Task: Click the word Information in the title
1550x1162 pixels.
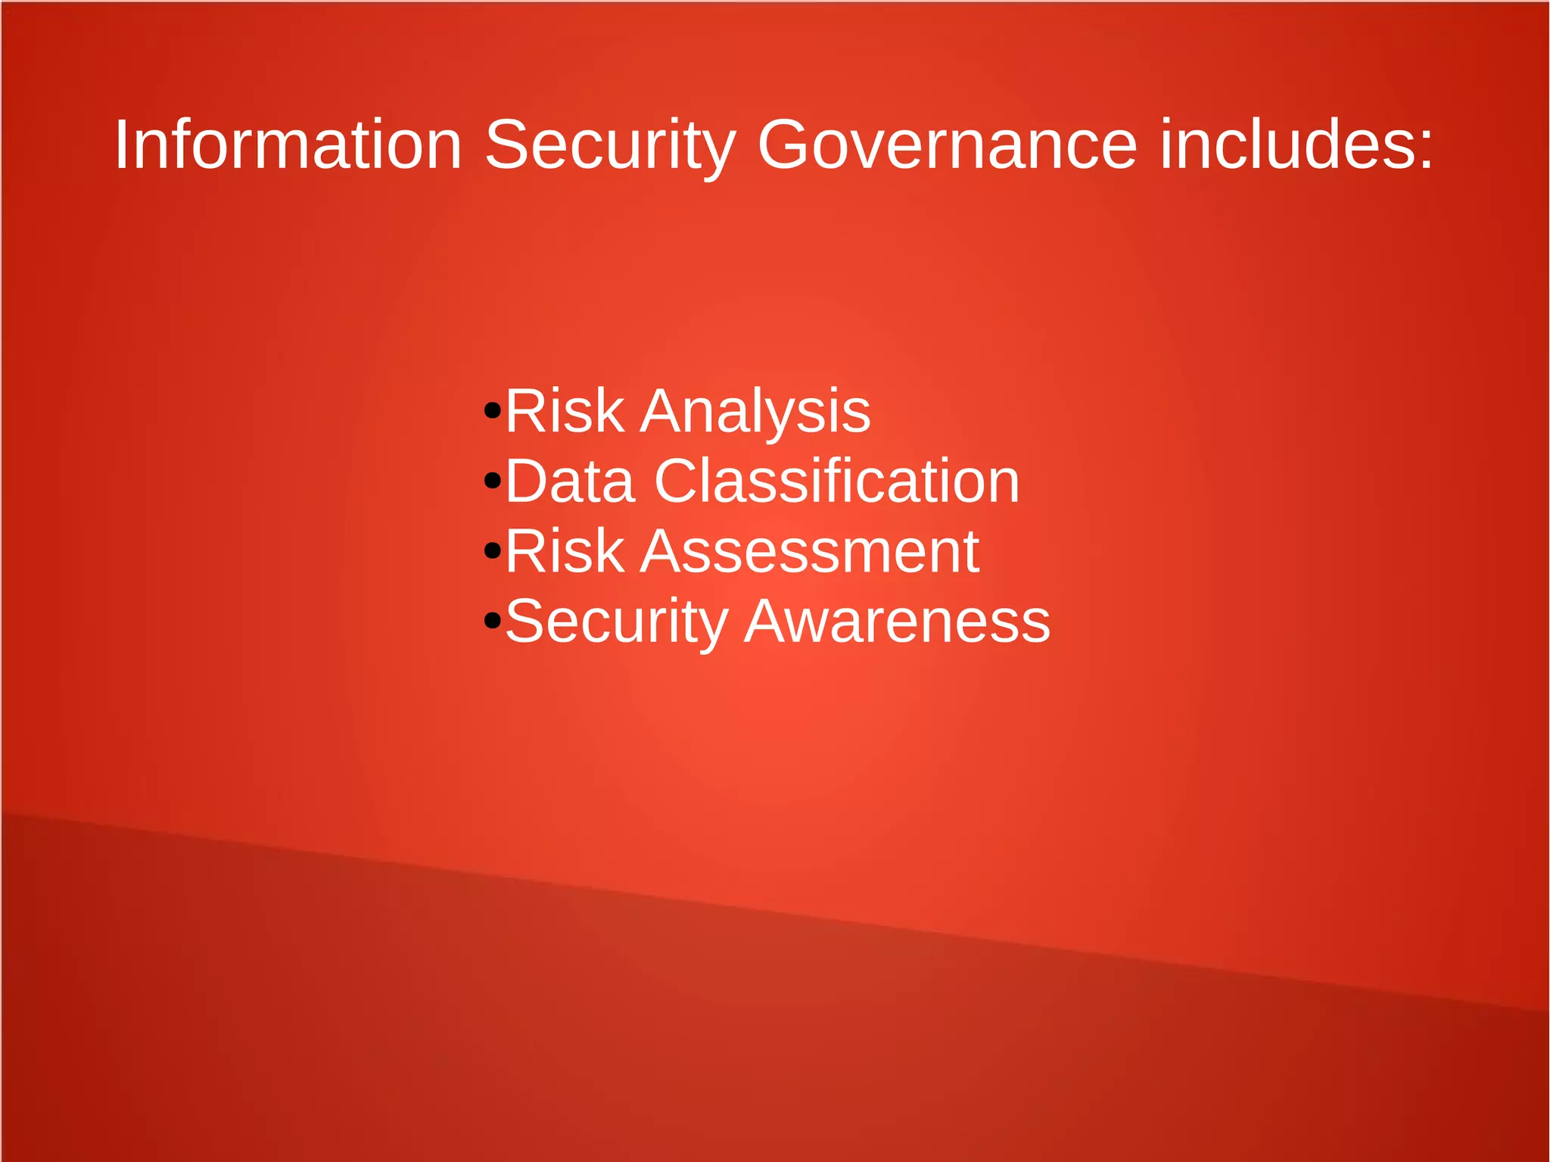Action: tap(288, 145)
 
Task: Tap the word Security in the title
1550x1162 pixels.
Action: tap(609, 145)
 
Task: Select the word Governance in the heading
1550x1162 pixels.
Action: tap(947, 145)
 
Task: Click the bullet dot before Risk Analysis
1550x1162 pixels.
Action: tap(493, 411)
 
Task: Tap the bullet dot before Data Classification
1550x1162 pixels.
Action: tap(493, 481)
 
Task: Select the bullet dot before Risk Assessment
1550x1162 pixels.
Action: tap(493, 551)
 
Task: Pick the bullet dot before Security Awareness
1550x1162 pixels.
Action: tap(493, 621)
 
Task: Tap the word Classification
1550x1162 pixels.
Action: tap(837, 481)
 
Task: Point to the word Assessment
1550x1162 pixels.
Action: tap(809, 552)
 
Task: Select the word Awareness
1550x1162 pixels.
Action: tap(897, 621)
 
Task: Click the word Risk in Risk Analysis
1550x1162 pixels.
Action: tap(565, 411)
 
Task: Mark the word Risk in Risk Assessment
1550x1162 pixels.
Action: tap(565, 552)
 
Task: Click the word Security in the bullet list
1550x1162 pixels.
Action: tap(616, 621)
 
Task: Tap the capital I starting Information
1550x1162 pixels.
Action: tap(120, 145)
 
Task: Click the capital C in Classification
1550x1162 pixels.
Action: tap(677, 481)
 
